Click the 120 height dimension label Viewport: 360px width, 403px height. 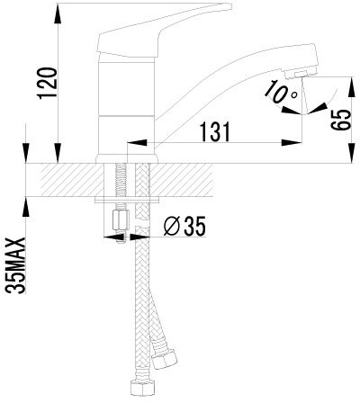47,84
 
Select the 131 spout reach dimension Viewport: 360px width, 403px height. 216,131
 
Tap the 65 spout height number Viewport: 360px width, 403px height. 341,120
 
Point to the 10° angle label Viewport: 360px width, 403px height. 281,92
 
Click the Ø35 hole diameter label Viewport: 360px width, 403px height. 185,227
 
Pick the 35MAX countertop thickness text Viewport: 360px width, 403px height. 15,265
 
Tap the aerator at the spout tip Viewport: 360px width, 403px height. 301,74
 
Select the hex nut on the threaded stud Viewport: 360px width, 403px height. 121,220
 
